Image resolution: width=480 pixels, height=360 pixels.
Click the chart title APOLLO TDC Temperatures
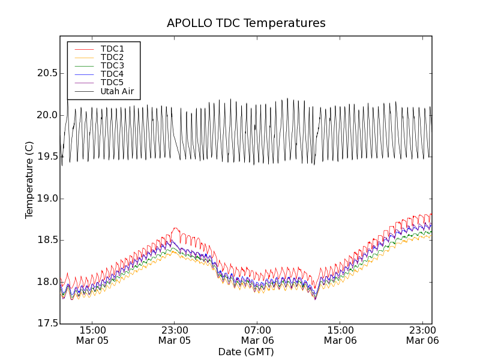tap(246, 23)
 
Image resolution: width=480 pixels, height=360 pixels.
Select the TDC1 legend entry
tap(112, 49)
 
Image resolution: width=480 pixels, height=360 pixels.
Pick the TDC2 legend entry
tap(112, 57)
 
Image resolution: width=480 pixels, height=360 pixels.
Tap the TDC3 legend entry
tap(112, 65)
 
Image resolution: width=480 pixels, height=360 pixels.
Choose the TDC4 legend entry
tap(112, 74)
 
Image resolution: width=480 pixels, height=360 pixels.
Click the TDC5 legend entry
tap(112, 82)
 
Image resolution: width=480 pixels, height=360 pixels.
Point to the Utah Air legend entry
tap(117, 91)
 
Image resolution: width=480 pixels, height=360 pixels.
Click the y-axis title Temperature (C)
tap(29, 180)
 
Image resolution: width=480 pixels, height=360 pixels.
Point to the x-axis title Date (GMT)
tap(246, 352)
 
